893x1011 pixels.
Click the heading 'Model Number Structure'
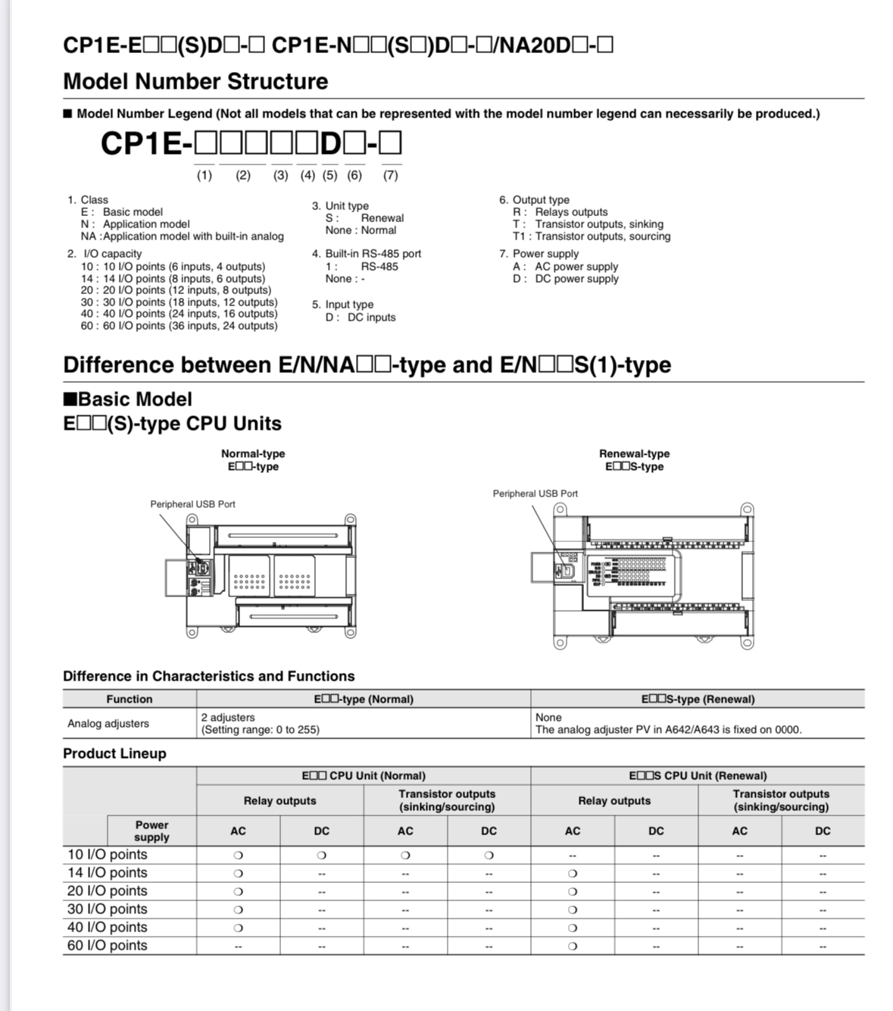[195, 81]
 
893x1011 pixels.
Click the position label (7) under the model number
[390, 175]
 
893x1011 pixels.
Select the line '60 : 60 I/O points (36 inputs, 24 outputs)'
[179, 326]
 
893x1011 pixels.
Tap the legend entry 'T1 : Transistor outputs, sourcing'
[591, 236]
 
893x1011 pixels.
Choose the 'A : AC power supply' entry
[565, 267]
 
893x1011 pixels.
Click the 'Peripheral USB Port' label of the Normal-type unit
[192, 504]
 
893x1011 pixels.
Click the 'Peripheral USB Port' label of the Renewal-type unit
[535, 493]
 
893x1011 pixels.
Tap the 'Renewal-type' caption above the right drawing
[634, 453]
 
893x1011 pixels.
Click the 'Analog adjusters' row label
[108, 724]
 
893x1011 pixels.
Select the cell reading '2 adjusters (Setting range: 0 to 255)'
[260, 724]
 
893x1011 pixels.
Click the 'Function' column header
[129, 699]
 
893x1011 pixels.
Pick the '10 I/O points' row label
[107, 855]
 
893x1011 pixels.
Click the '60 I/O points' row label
[107, 946]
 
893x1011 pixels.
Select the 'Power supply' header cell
[151, 831]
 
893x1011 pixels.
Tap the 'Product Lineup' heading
[114, 753]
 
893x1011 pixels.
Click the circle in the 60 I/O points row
[573, 946]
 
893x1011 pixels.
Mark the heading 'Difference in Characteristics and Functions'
[208, 676]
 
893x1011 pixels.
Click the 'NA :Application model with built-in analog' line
[182, 236]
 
